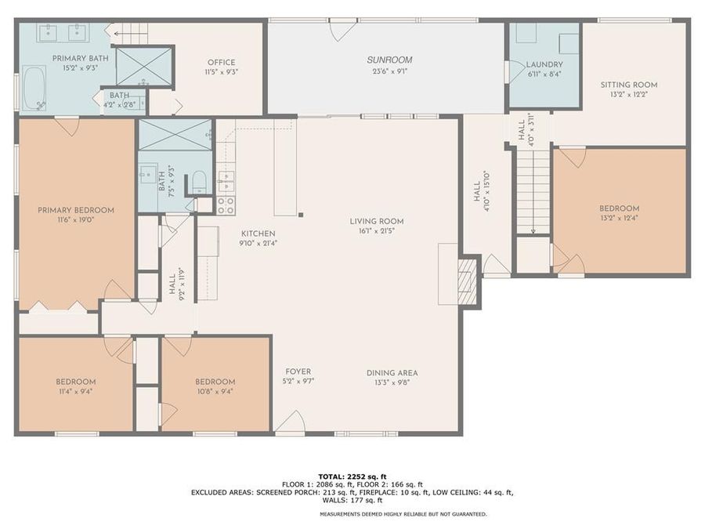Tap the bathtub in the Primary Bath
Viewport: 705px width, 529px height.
(34, 88)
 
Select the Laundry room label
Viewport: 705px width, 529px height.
(544, 64)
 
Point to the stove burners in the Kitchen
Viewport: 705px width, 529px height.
(225, 205)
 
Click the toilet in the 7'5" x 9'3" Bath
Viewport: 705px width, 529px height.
(199, 182)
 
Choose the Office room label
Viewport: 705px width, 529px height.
(221, 63)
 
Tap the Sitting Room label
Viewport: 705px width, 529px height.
(628, 85)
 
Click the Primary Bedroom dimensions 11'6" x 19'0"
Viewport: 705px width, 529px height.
(76, 221)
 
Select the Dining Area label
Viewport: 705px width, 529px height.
(392, 372)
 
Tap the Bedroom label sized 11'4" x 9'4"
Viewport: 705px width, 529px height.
(76, 382)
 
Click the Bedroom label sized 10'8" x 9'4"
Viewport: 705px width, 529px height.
(215, 382)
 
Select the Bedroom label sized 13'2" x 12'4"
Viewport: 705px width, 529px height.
(619, 208)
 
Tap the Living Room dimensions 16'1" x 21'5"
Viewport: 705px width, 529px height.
(376, 232)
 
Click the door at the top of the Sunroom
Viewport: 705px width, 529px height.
(342, 30)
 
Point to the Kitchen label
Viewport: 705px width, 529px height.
(258, 234)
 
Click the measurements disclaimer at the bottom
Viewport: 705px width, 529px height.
(403, 514)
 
